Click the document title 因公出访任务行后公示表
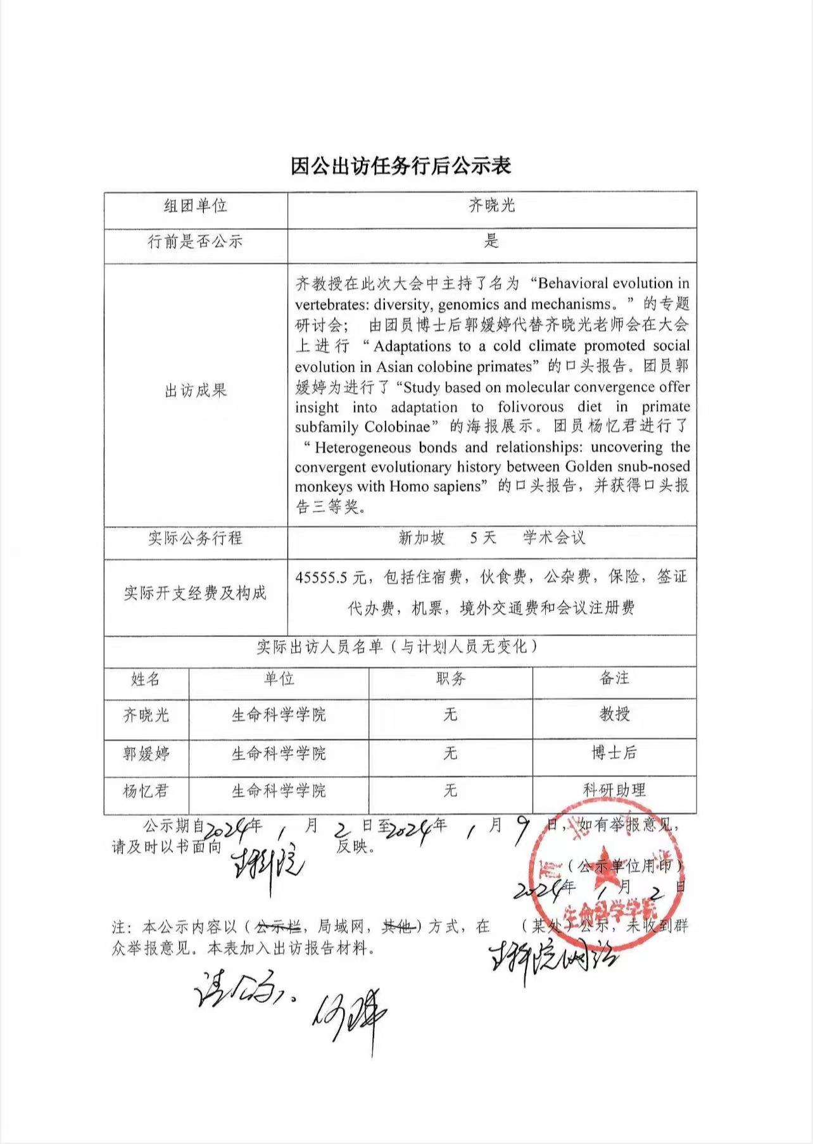click(x=400, y=166)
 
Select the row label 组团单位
click(x=195, y=206)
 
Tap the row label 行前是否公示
click(x=195, y=242)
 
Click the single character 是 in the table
click(x=491, y=241)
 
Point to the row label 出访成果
click(x=195, y=391)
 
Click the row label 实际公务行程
click(x=195, y=538)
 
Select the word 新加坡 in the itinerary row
click(x=422, y=538)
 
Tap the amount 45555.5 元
click(x=331, y=577)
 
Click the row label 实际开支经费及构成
click(x=195, y=593)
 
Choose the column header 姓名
click(x=146, y=679)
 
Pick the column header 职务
click(x=450, y=679)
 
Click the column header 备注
click(x=614, y=678)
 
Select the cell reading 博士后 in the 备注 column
click(x=614, y=753)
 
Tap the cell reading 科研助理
click(x=614, y=789)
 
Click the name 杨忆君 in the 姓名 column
click(x=146, y=791)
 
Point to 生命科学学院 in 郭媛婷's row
click(x=279, y=753)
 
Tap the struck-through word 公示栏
click(x=277, y=927)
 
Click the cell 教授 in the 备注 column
click(x=614, y=714)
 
